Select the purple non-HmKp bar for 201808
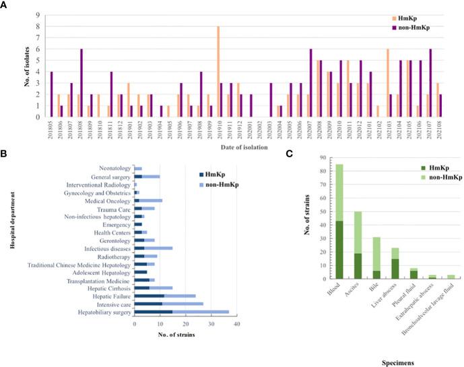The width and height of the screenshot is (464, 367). pyautogui.click(x=81, y=83)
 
